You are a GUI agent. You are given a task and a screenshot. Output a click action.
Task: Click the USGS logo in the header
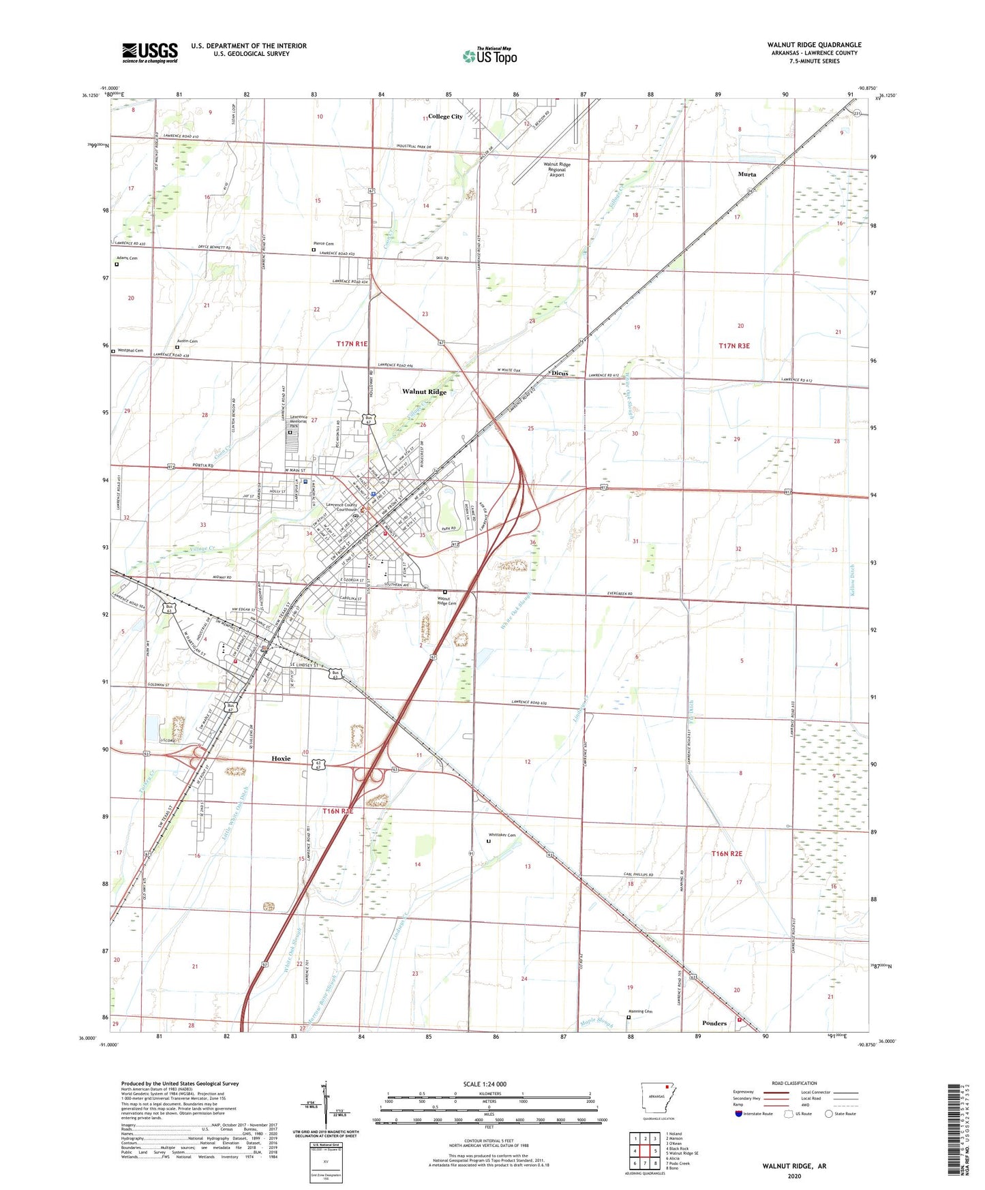tap(150, 52)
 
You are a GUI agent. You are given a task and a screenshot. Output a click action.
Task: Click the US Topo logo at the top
tap(489, 56)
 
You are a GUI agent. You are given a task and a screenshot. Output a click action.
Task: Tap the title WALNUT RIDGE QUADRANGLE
tap(814, 45)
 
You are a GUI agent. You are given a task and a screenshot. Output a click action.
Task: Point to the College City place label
tap(445, 117)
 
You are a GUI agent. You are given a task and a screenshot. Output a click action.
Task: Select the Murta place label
tap(746, 174)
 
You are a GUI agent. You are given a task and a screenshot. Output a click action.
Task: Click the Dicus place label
tap(559, 373)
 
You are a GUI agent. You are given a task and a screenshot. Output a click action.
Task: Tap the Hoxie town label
tap(281, 758)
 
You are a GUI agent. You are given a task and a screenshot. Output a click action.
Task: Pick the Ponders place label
tap(714, 1023)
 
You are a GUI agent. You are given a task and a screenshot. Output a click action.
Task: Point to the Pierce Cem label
tap(323, 243)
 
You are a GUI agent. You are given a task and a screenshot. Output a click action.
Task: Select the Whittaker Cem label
tap(502, 835)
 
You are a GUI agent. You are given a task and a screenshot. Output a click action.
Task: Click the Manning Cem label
tap(639, 1011)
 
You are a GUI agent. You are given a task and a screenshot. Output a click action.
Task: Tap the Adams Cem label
tap(126, 258)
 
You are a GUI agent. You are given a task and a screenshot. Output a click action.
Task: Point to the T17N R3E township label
tap(733, 346)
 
